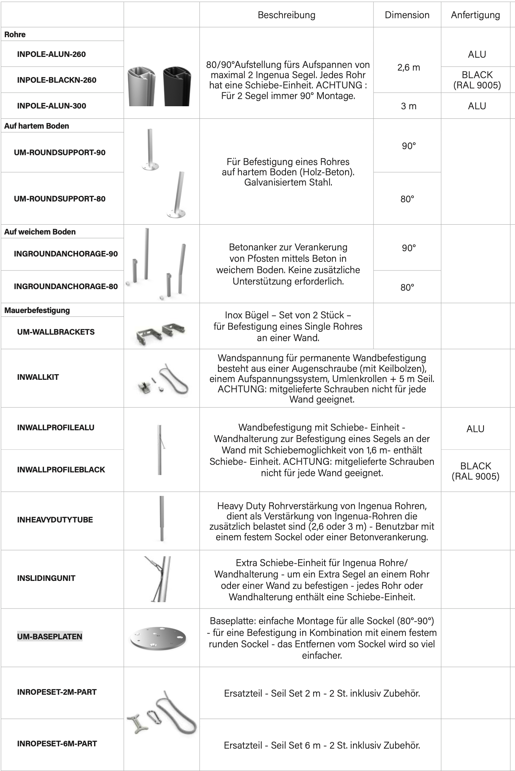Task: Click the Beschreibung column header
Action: (x=286, y=15)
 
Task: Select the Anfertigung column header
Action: (x=475, y=15)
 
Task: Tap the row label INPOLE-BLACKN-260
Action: (x=57, y=80)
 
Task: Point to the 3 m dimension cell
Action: (x=408, y=106)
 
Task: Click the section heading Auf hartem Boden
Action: (x=37, y=126)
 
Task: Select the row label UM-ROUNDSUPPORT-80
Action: (x=60, y=199)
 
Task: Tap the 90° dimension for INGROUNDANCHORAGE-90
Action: (x=408, y=248)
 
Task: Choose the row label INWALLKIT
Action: (x=38, y=377)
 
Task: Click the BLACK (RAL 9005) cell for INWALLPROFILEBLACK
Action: (x=475, y=471)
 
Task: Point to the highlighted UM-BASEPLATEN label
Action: (x=50, y=636)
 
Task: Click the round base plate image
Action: (x=158, y=637)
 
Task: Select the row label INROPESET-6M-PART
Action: (x=57, y=744)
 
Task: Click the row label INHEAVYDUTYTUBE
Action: (x=55, y=520)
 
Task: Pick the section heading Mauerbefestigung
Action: (x=37, y=310)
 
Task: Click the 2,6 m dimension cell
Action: (x=408, y=68)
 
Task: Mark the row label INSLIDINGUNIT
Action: (x=46, y=578)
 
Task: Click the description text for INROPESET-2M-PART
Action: (x=322, y=694)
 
